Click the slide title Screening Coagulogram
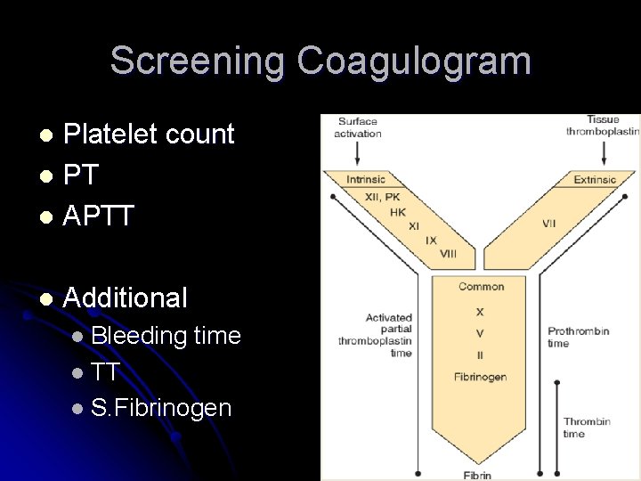click(320, 61)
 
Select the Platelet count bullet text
click(149, 135)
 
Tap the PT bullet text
click(81, 175)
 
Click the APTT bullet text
click(99, 215)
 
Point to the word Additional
click(126, 298)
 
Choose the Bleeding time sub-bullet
click(166, 336)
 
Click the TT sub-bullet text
click(105, 371)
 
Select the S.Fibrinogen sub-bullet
click(161, 408)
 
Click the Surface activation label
click(357, 127)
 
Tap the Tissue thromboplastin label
click(603, 126)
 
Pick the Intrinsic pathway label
click(366, 180)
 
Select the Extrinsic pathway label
click(595, 180)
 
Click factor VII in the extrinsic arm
click(548, 224)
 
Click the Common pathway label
click(481, 287)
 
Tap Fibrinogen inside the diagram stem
click(481, 377)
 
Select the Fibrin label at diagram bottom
click(476, 475)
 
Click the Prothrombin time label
click(578, 337)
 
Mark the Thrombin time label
click(587, 428)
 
